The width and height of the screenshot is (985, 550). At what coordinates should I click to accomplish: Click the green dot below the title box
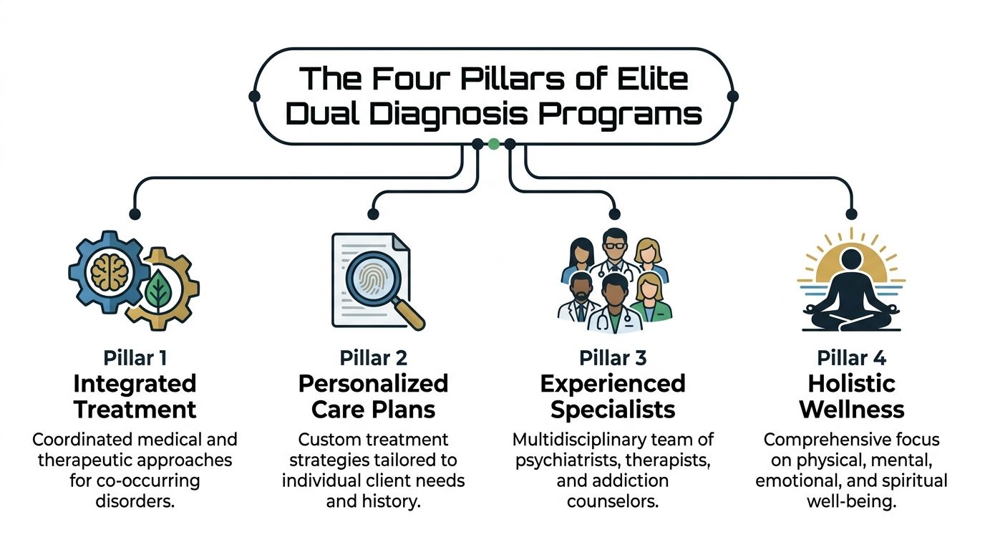pos(493,144)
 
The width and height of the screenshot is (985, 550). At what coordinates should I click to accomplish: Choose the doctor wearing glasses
pos(613,248)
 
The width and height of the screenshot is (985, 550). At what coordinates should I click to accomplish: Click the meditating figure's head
pos(851,263)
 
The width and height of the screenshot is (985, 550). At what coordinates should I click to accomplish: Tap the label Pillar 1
pos(135,358)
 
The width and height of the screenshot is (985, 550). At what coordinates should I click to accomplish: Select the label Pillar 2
pos(373,358)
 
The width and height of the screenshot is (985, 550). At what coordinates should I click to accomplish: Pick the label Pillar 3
pos(613,358)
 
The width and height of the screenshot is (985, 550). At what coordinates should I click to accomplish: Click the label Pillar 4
pos(852,358)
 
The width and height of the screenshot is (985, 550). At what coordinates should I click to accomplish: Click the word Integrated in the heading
pos(135,384)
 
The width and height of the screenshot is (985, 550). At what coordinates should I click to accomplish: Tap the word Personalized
pos(373,384)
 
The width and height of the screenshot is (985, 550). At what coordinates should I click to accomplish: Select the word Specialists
pos(613,410)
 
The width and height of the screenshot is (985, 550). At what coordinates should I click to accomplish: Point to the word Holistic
pos(852,384)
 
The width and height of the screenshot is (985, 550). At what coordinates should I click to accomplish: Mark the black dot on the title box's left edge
pos(253,95)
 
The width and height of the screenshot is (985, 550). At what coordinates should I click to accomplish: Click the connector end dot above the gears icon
pos(135,213)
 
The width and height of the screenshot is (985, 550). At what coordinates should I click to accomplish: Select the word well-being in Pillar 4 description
pos(852,501)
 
